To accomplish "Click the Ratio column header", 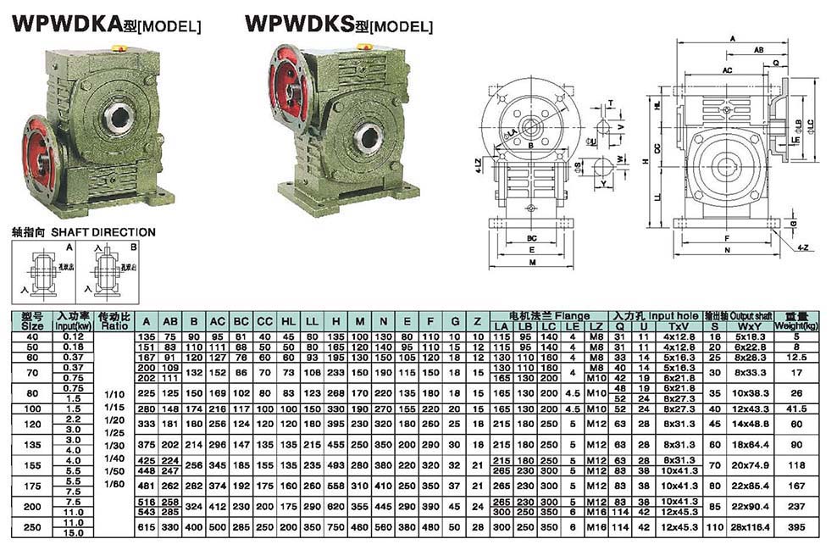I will (114, 320).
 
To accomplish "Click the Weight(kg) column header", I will (797, 320).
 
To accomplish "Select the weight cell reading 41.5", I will (797, 408).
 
